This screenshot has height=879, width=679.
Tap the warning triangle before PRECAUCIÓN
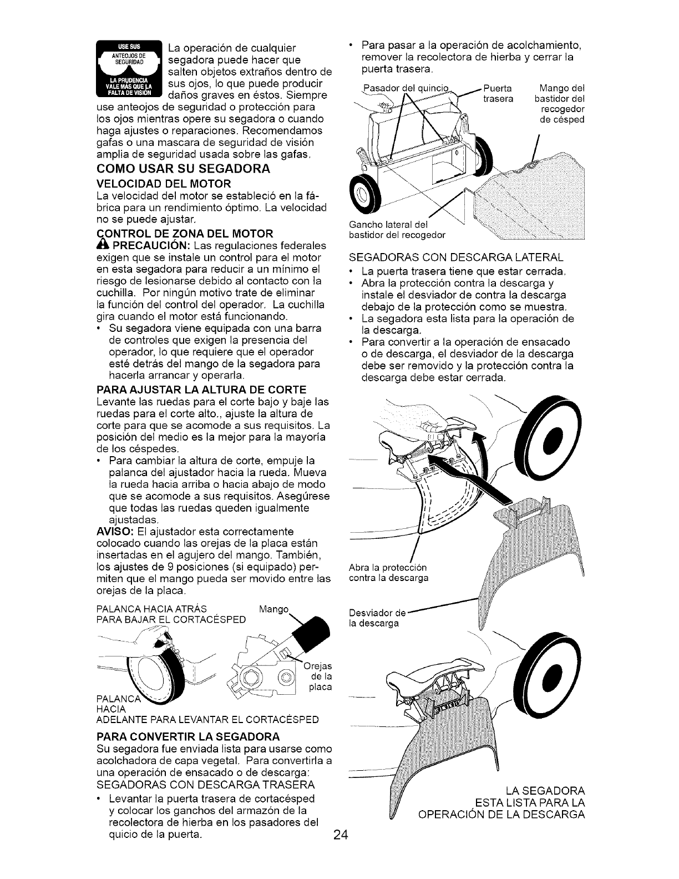[102, 245]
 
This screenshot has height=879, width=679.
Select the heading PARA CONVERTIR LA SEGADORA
[188, 736]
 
